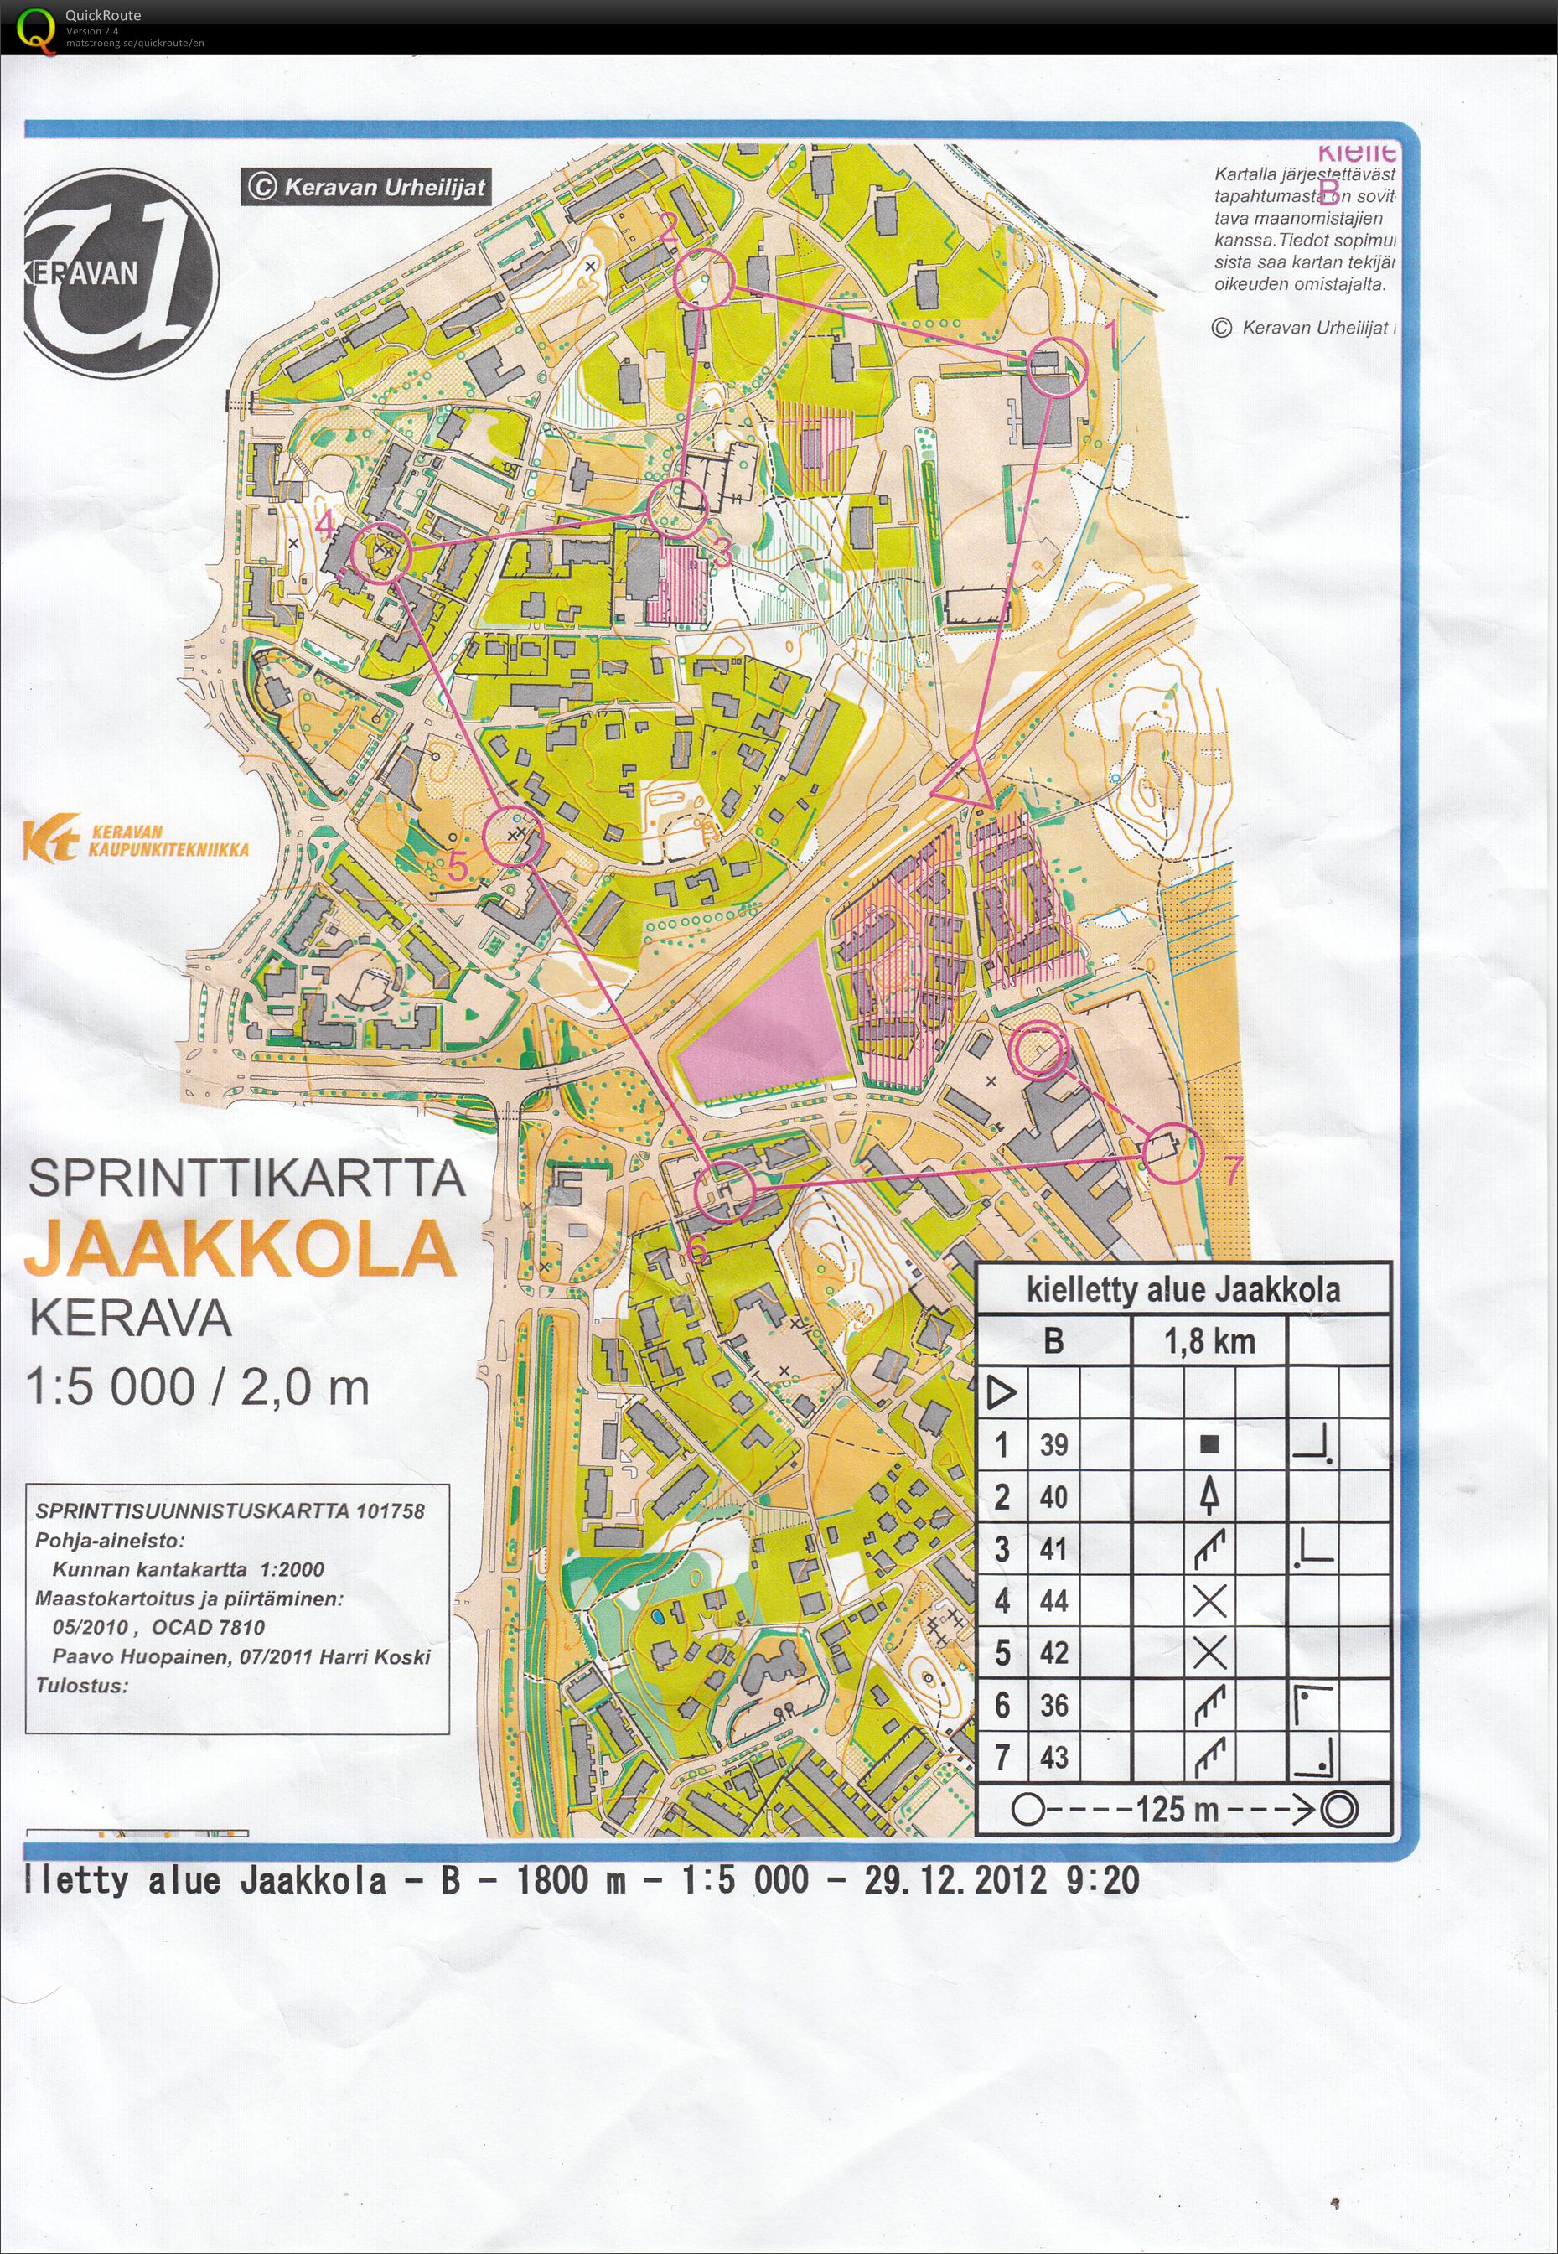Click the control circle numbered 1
point(1056,366)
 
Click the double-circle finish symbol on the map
point(1037,1049)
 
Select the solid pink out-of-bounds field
point(762,1020)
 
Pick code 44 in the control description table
point(1053,1600)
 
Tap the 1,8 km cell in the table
point(1209,1341)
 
